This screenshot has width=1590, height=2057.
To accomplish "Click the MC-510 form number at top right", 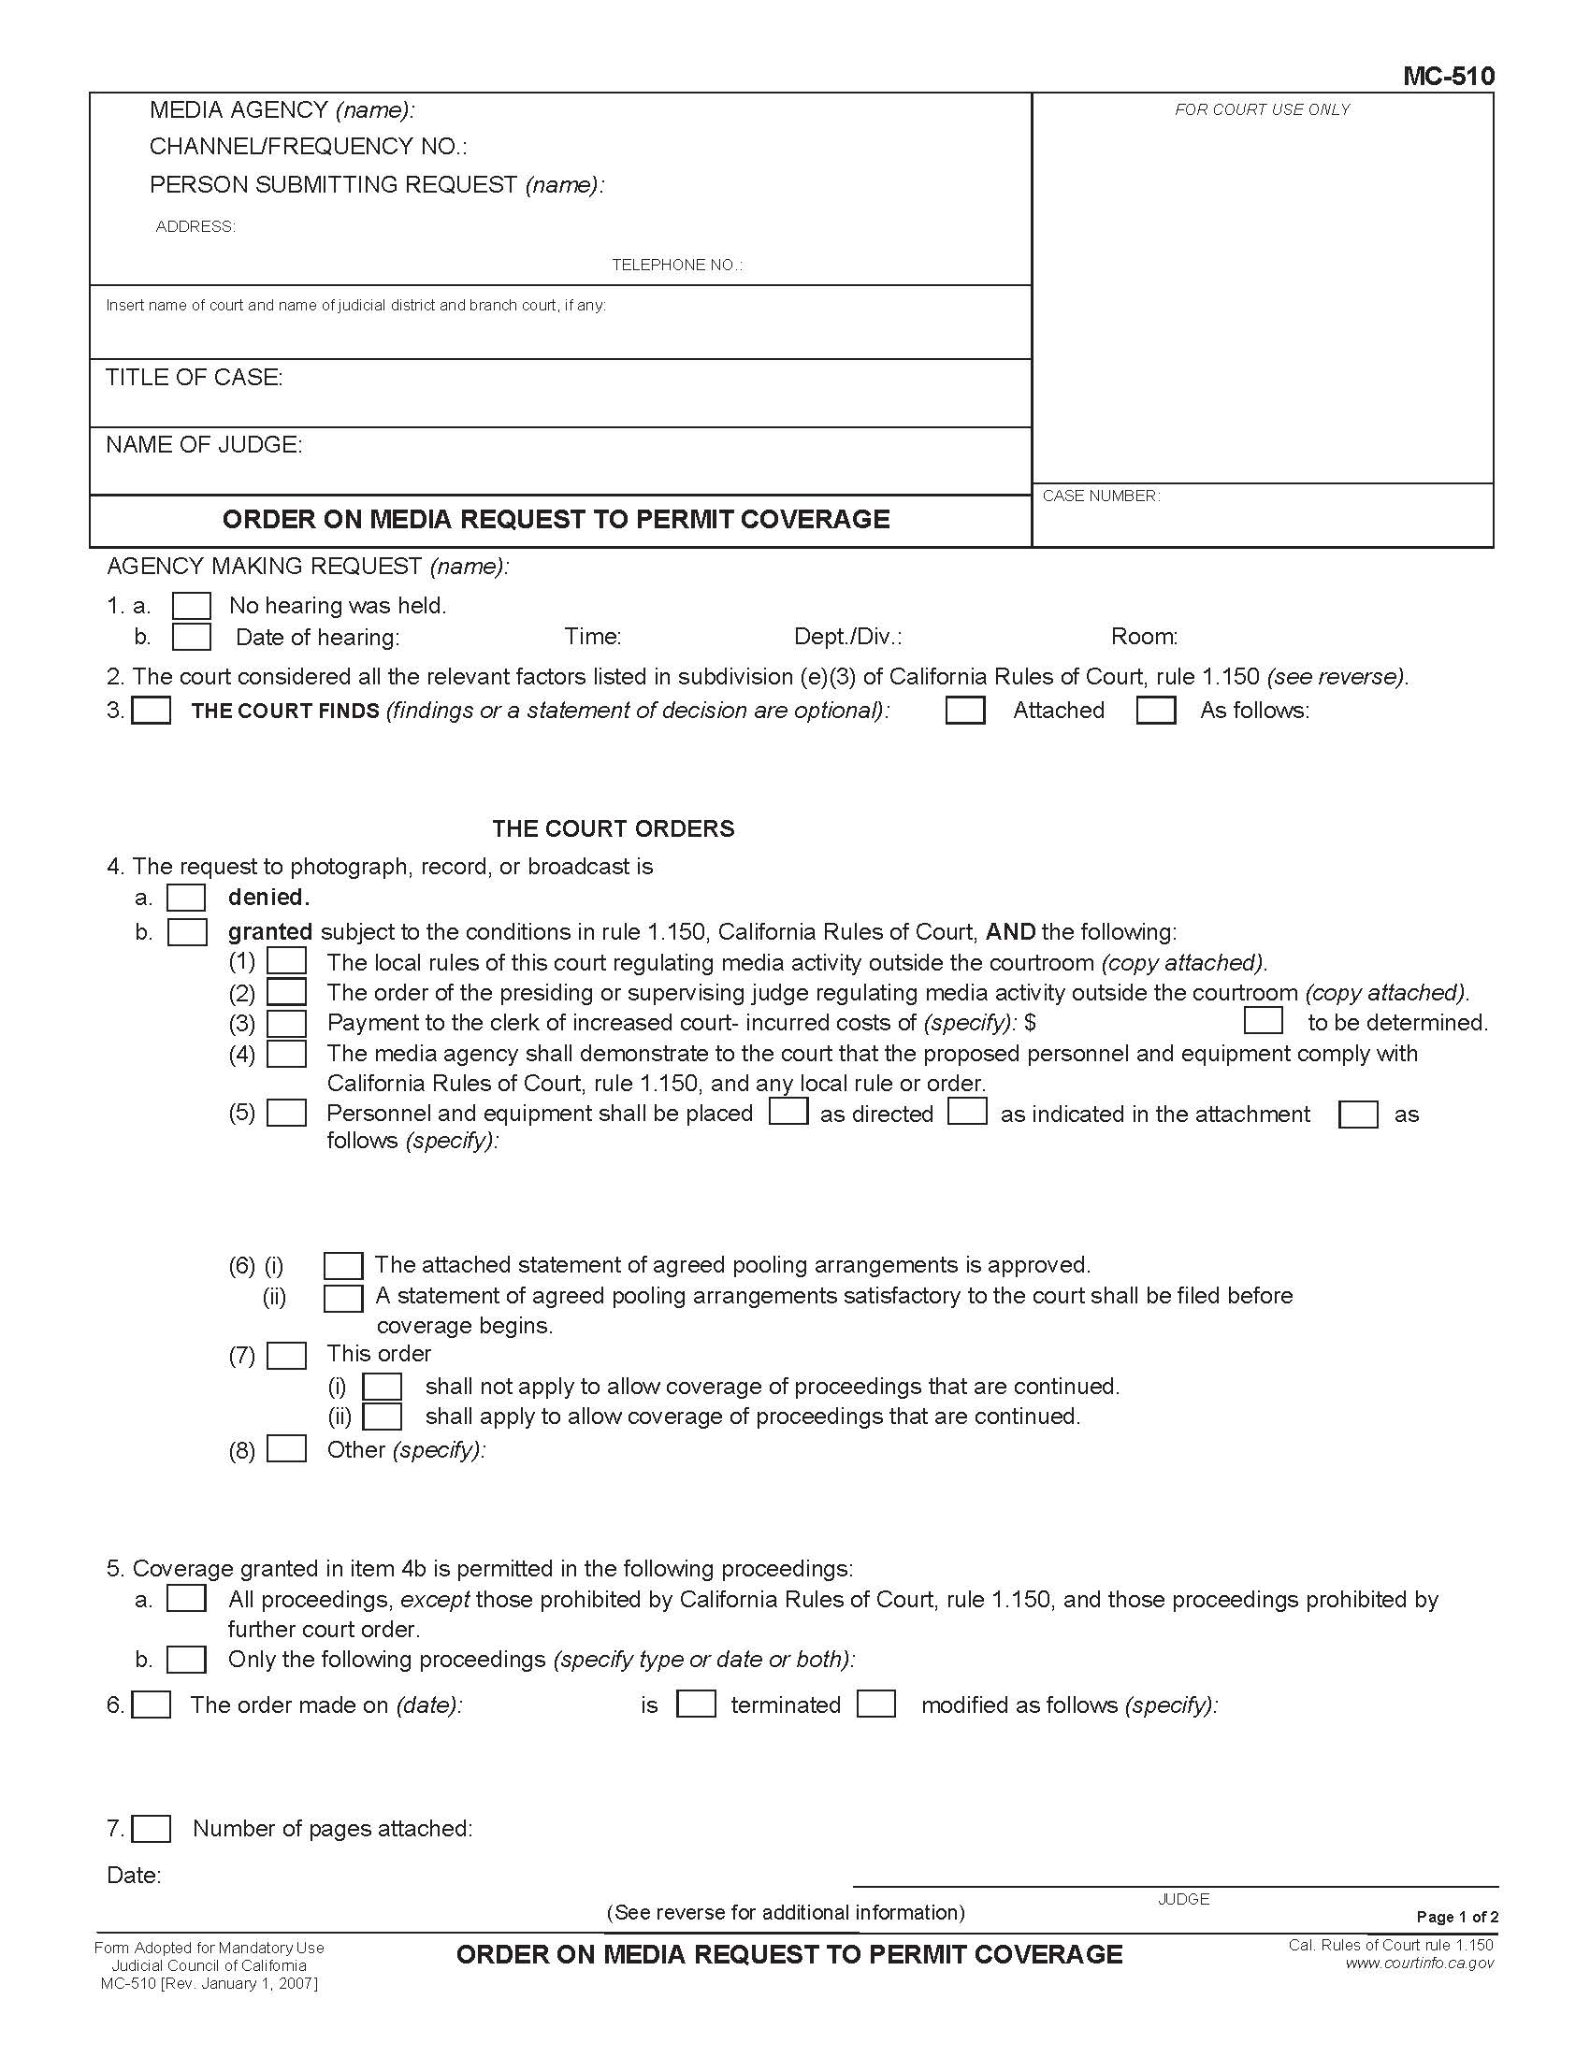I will pos(1448,77).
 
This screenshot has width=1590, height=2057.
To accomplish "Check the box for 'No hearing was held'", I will pos(191,606).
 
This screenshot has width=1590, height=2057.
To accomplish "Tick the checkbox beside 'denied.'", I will pos(186,898).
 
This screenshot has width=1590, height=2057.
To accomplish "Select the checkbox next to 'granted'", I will pos(186,932).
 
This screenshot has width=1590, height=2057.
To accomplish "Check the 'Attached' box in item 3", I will pos(964,711).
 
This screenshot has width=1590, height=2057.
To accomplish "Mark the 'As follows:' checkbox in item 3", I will pos(1156,711).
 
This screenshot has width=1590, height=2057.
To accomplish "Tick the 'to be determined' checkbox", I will pos(1264,1022).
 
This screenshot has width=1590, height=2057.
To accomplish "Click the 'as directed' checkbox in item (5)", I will pos(788,1113).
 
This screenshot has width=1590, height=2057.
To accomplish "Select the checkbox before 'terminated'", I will pos(696,1705).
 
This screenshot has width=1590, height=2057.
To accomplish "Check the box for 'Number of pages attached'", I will pos(151,1829).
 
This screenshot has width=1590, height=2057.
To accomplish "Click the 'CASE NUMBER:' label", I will pos(1101,496).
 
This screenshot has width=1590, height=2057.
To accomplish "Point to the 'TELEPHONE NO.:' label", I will pos(676,266).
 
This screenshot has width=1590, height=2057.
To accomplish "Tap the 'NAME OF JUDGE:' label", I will pos(204,444).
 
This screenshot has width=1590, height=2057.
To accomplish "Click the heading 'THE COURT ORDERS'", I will pos(613,828).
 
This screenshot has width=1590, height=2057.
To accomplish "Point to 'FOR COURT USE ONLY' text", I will pos(1262,110).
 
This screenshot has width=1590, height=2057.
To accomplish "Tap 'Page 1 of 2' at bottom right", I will pos(1456,1917).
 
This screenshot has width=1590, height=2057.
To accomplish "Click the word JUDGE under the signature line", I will pos(1183,1900).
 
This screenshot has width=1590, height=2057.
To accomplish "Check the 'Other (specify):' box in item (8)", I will pos(286,1448).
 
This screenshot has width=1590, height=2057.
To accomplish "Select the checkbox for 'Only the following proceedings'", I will pos(186,1660).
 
